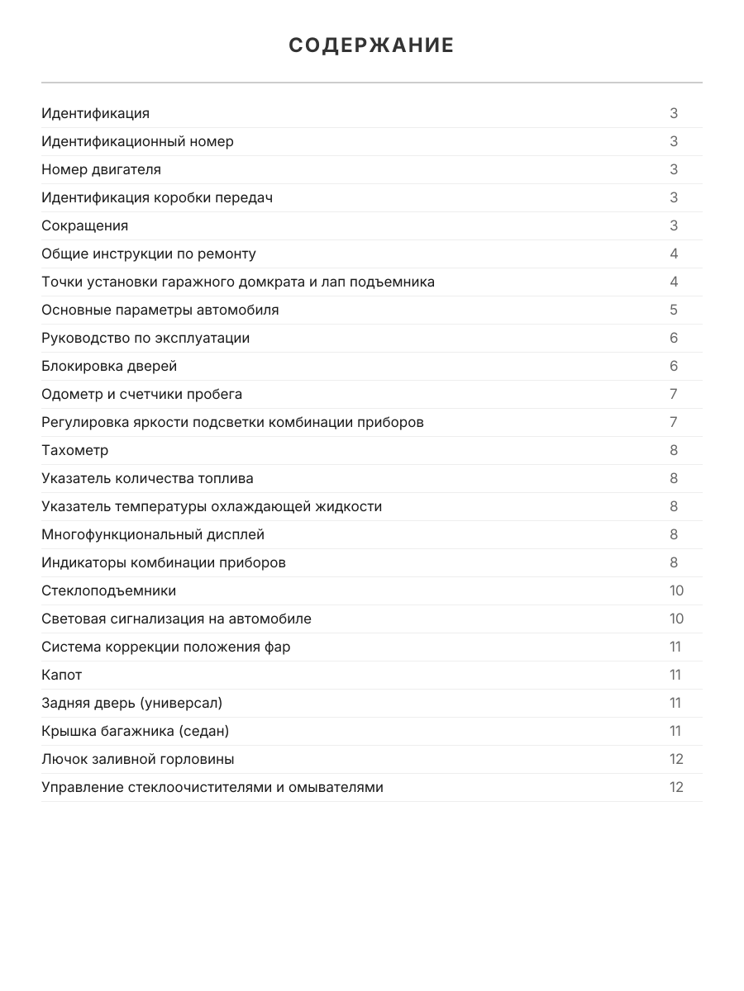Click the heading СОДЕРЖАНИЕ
(x=371, y=45)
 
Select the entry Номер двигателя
(x=101, y=169)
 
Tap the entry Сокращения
(x=84, y=225)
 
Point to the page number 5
(x=674, y=310)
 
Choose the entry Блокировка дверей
(x=109, y=366)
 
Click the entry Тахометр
(x=74, y=450)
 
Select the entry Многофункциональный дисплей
(x=153, y=534)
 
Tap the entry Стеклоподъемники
(x=108, y=590)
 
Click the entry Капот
(x=62, y=675)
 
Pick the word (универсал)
(x=181, y=703)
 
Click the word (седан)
(x=206, y=731)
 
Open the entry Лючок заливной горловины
(x=138, y=759)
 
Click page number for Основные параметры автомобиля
(x=674, y=310)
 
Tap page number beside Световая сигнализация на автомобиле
(x=676, y=619)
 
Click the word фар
(x=279, y=647)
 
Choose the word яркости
(x=160, y=422)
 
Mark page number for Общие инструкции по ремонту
(x=674, y=254)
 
